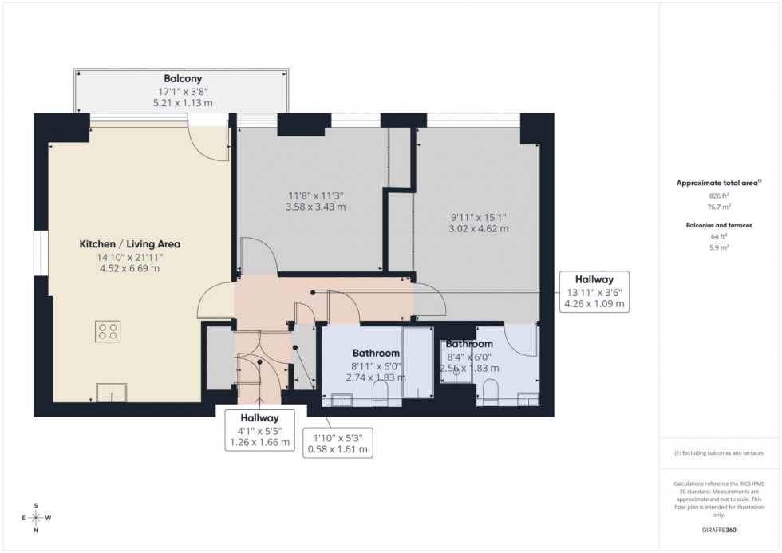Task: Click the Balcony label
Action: coord(181,79)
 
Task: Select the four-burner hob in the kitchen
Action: coord(108,331)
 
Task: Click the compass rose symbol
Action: coord(35,518)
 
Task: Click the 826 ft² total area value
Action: coord(715,195)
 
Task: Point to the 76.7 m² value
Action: coord(715,206)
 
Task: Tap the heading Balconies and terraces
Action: coord(715,226)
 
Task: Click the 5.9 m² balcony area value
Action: coord(715,247)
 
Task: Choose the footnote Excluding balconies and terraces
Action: coord(718,452)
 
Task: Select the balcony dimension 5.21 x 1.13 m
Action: coord(181,103)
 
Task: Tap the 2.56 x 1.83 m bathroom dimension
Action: coord(469,368)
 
